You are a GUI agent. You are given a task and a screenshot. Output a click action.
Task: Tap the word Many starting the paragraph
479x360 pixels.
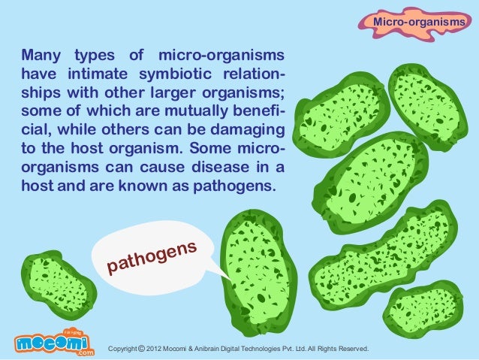tap(43, 57)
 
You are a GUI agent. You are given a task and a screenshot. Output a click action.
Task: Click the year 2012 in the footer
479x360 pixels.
tap(155, 349)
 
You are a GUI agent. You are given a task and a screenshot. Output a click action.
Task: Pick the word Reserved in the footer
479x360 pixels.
tap(351, 349)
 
